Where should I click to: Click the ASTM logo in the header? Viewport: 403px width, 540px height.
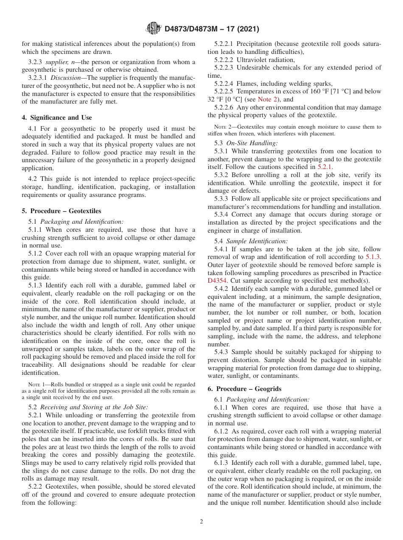tap(153, 28)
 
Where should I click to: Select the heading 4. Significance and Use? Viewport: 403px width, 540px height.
tap(56, 118)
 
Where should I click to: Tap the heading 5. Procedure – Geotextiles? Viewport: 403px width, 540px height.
tap(61, 211)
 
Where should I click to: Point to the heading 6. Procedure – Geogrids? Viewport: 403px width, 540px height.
tap(244, 389)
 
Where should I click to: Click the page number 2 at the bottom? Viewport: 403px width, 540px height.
tap(201, 522)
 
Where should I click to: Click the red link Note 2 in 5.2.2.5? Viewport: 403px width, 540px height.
tap(268, 99)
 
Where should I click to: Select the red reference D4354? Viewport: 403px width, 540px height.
tap(218, 281)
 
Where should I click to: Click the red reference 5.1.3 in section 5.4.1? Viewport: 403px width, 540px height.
tap(373, 257)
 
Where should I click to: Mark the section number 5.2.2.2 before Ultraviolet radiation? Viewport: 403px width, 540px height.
tap(224, 60)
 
